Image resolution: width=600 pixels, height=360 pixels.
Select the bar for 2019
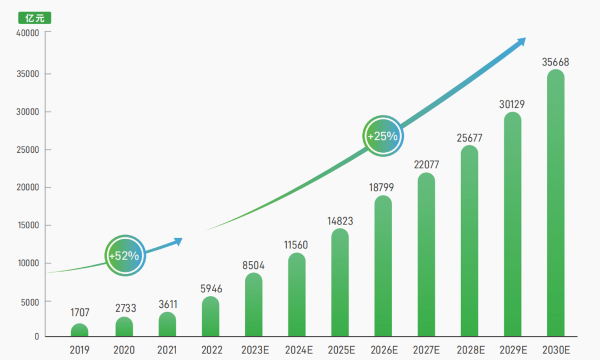(x=79, y=331)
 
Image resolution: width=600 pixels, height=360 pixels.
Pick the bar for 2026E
(x=383, y=267)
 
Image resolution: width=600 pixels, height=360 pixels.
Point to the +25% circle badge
(x=383, y=136)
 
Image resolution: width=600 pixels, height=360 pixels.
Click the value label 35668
(x=556, y=62)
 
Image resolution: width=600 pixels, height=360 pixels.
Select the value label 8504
(x=254, y=266)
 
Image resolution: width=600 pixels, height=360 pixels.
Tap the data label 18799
(x=383, y=188)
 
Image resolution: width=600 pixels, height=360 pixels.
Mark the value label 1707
(x=79, y=313)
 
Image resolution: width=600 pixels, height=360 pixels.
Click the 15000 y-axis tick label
(x=27, y=226)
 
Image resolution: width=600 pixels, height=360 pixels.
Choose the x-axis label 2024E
(x=298, y=350)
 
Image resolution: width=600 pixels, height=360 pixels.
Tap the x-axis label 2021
(x=167, y=350)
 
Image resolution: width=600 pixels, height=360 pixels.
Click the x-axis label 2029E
(x=513, y=350)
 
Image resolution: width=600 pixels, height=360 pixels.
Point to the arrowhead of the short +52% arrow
(x=178, y=241)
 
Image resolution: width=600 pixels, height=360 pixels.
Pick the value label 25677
(x=470, y=138)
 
